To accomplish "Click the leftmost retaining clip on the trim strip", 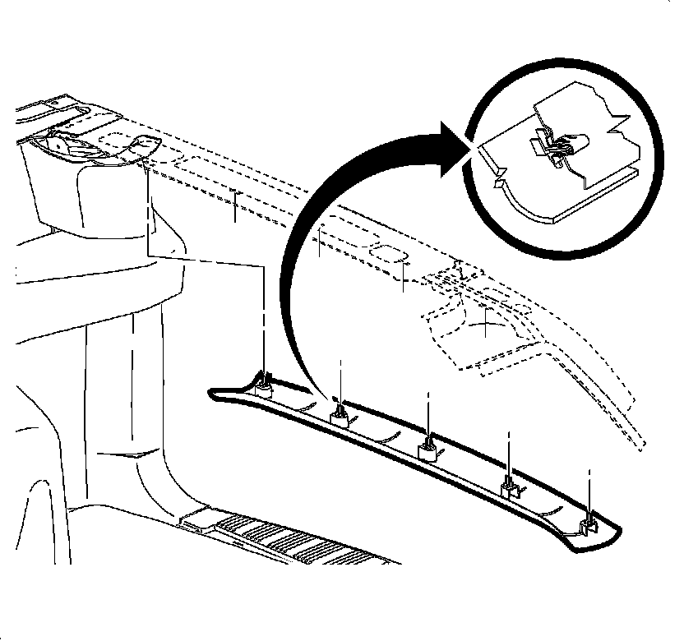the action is click(264, 383).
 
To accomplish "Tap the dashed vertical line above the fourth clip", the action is click(510, 452).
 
